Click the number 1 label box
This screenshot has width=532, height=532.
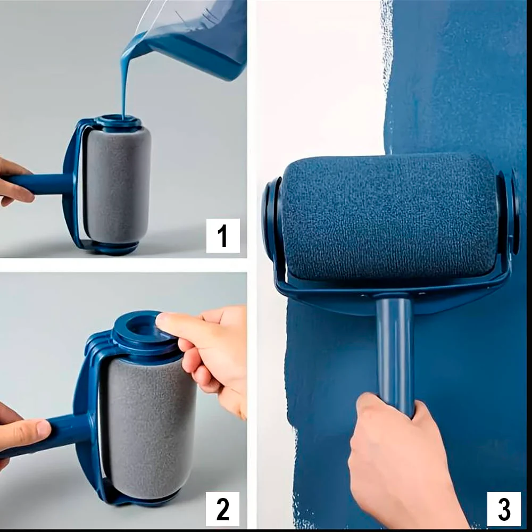(223, 236)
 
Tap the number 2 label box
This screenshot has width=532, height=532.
(222, 509)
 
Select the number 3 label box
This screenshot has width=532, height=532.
(504, 509)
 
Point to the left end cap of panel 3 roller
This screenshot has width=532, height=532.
(271, 217)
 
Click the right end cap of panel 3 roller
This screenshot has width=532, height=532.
(509, 212)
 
